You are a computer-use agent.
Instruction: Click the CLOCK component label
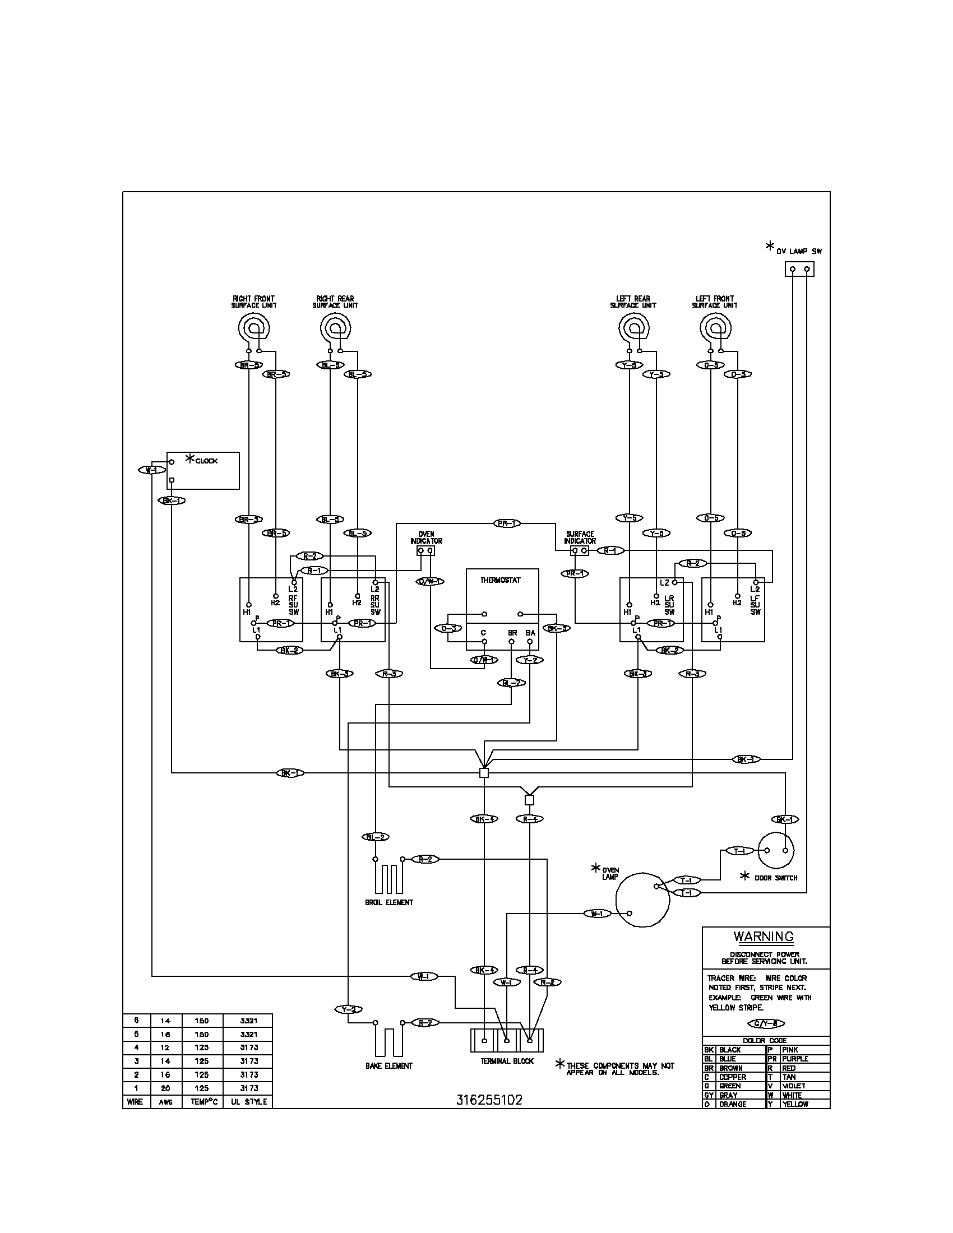tap(206, 461)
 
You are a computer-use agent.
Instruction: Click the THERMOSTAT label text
tap(500, 580)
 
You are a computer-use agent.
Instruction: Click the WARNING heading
tap(764, 936)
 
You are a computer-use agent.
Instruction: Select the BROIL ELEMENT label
tap(389, 902)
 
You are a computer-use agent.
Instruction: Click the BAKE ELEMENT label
tap(388, 1066)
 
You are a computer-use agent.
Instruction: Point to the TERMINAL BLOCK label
tap(507, 1061)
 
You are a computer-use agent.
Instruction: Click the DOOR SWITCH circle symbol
tap(776, 850)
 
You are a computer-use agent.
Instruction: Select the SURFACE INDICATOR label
tap(580, 537)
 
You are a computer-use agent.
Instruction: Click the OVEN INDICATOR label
tap(426, 537)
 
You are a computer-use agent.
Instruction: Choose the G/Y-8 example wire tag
tap(766, 1023)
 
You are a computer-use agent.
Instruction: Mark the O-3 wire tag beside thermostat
tap(448, 628)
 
